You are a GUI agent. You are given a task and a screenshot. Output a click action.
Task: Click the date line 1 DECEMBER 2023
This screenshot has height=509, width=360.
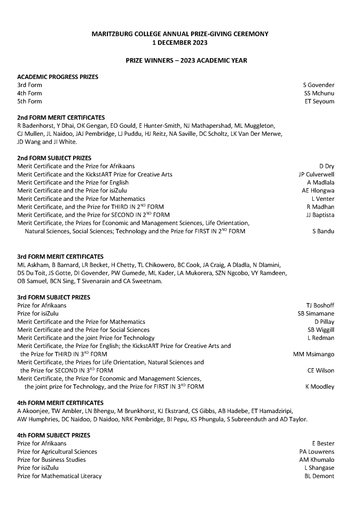pos(180,42)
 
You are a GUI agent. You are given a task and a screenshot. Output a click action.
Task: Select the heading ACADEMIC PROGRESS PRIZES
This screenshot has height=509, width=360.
pos(58,77)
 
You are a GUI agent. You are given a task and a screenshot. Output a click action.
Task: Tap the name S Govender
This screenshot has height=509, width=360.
pos(319,85)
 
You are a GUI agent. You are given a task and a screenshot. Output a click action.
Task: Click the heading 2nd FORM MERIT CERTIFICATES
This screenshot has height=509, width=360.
pos(61,118)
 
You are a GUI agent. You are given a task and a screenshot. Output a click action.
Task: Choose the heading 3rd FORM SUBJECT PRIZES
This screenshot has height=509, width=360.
pos(54,297)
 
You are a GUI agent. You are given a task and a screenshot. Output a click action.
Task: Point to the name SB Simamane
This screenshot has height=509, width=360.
pos(316,314)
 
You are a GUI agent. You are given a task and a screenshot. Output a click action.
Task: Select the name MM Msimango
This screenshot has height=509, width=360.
pos(314,354)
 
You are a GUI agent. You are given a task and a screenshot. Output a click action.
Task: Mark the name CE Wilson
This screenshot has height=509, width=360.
pos(321,370)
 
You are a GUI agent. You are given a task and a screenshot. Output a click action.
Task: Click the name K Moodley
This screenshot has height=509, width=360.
pos(320,387)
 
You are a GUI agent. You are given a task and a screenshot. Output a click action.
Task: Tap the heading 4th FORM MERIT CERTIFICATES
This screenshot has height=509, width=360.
pos(61,403)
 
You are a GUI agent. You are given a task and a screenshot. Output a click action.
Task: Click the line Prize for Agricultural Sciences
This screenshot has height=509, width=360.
pos(57,451)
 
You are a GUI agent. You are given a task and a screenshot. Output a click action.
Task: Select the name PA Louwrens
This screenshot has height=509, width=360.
pos(317,451)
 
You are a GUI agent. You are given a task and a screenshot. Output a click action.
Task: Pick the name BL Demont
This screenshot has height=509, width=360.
pos(319,476)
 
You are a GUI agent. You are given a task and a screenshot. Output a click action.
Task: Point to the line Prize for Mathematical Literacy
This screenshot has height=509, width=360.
pos(59,476)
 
